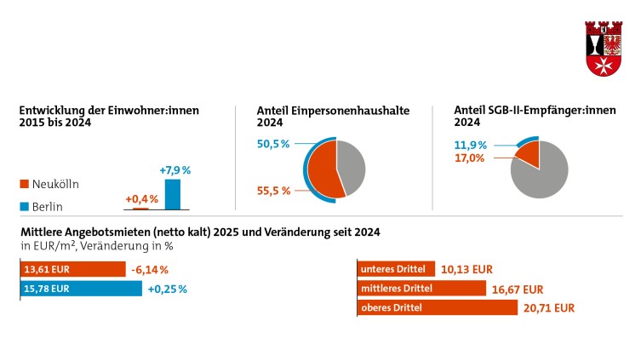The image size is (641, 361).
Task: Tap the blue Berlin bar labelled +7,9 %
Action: coord(173,194)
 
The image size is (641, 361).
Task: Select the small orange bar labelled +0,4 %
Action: coord(140,208)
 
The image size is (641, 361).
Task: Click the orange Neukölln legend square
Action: coord(23,184)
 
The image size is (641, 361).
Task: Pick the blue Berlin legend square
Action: coord(23,205)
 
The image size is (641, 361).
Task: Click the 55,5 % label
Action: coord(273,191)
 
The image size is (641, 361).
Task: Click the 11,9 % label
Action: coord(470,145)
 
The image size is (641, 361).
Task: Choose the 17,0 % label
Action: coord(470,158)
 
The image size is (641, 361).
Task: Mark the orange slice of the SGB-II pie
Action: coord(529,155)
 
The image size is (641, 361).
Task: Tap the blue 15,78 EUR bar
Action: coord(80,289)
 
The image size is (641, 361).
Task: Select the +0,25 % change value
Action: coord(167,289)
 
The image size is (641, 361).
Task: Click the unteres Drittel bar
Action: coord(396,269)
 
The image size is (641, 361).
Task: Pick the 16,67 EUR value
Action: coord(517,289)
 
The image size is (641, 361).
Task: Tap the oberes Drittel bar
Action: coord(437,307)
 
